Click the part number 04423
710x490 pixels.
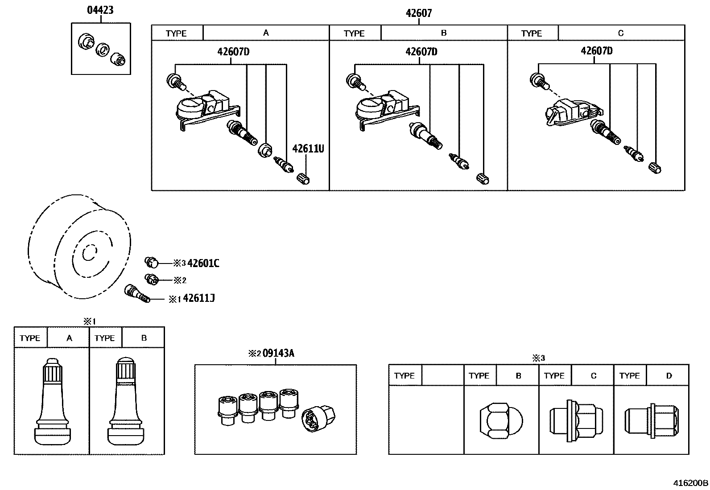(100, 10)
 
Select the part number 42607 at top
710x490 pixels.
(418, 13)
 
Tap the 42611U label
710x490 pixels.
(308, 148)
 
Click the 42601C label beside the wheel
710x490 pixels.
(203, 264)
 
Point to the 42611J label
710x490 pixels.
(199, 298)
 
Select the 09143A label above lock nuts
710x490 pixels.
(278, 354)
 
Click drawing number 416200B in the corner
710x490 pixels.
(690, 483)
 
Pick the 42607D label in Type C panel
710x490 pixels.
(596, 51)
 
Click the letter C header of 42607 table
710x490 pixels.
(621, 33)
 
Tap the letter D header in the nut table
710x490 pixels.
(669, 376)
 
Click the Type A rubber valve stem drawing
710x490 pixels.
(52, 401)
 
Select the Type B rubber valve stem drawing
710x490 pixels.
(126, 401)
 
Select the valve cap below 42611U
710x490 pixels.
(303, 179)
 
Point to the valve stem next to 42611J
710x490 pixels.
(136, 293)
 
